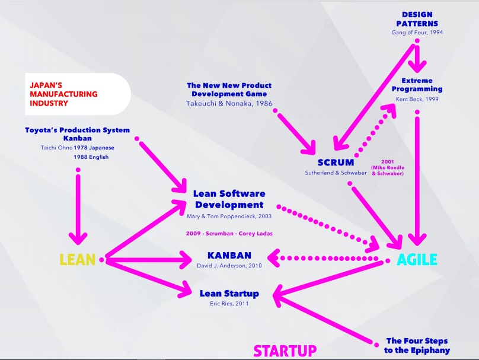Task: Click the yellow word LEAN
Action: (x=77, y=260)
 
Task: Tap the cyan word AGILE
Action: (x=417, y=260)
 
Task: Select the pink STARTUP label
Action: (x=285, y=351)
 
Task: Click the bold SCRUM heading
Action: (x=336, y=163)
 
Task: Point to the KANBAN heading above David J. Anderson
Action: (x=229, y=256)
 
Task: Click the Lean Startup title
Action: (x=229, y=293)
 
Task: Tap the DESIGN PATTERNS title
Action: (x=417, y=19)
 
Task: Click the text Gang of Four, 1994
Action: (x=417, y=33)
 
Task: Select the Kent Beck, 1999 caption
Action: (x=417, y=99)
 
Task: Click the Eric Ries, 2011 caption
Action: (x=229, y=304)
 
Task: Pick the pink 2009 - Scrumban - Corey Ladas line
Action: (x=229, y=234)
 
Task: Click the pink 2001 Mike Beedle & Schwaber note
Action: (x=387, y=167)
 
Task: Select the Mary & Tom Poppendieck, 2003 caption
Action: (x=229, y=217)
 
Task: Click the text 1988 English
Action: (x=91, y=157)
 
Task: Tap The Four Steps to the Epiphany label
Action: (x=417, y=345)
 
